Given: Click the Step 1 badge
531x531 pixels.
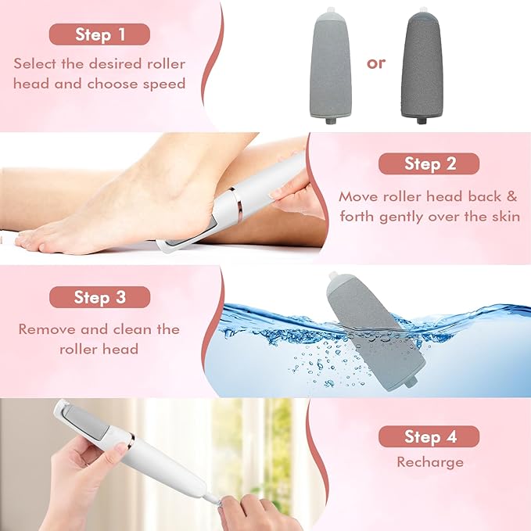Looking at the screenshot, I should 99,34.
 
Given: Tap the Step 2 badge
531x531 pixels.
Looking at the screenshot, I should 429,163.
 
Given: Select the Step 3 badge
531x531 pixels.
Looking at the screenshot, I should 99,297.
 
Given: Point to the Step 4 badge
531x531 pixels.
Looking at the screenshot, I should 429,436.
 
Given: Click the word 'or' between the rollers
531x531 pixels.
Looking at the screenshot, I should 376,63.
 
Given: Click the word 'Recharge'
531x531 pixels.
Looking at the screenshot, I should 429,462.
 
